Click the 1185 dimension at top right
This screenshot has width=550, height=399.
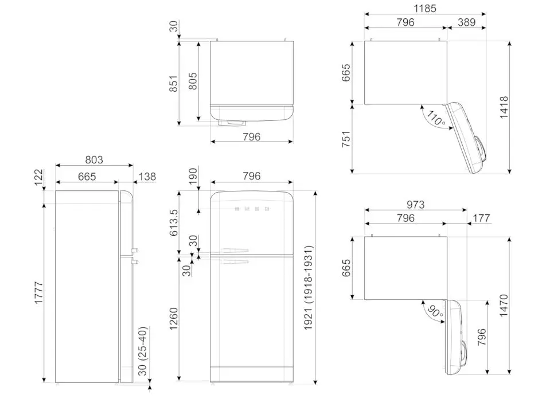pyautogui.click(x=425, y=8)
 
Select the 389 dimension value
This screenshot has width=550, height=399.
pyautogui.click(x=467, y=22)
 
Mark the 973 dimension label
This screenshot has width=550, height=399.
pyautogui.click(x=415, y=205)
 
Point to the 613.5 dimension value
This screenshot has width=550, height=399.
pyautogui.click(x=174, y=222)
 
